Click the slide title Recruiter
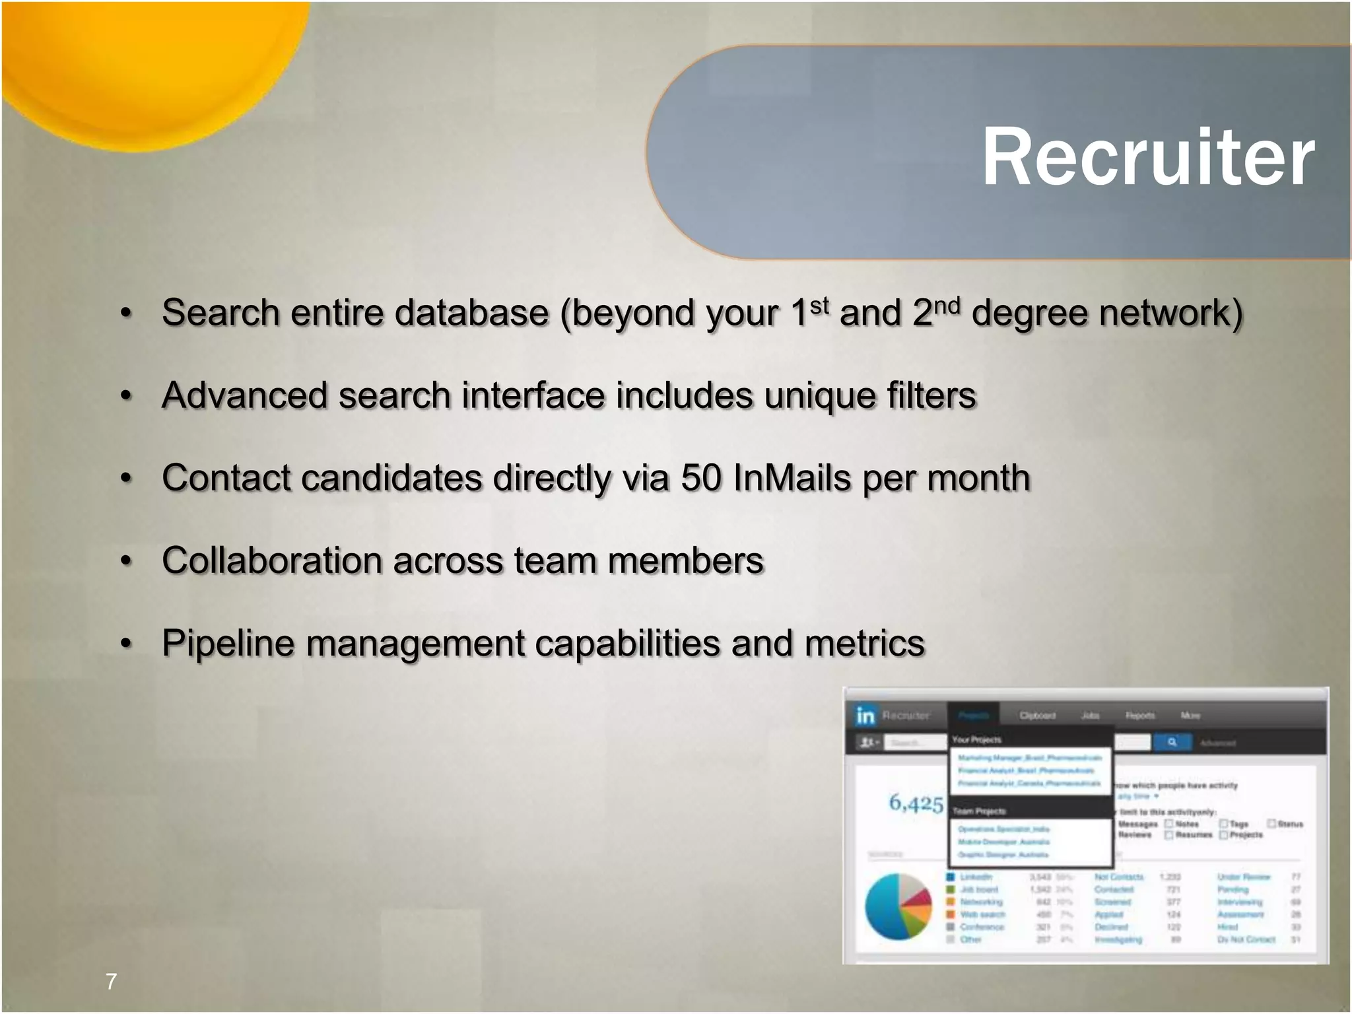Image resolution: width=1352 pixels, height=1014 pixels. pos(1147,157)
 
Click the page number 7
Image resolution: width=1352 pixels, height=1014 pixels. pos(111,981)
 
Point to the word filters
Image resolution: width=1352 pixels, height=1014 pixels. pos(931,395)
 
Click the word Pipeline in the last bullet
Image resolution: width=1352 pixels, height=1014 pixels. pos(228,644)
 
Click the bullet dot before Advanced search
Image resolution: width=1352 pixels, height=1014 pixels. pos(127,396)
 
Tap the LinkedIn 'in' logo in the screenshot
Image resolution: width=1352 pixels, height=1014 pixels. pos(865,716)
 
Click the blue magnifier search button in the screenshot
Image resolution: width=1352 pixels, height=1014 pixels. pos(1172,743)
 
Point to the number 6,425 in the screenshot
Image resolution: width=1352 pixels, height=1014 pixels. pos(916,803)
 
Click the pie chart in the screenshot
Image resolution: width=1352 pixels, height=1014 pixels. pos(898,906)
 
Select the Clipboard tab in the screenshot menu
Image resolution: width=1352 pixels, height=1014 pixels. pos(1037,716)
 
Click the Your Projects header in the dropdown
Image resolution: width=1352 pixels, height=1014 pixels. pos(976,739)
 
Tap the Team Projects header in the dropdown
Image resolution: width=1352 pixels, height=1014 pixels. pos(979,811)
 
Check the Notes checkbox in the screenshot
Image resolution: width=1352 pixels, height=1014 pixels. pos(1169,824)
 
